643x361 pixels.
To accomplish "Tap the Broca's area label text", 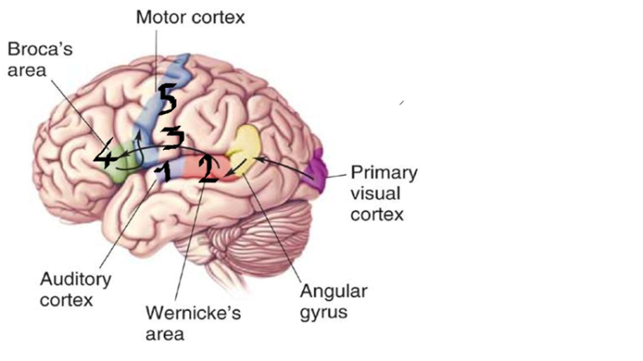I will coord(38,59).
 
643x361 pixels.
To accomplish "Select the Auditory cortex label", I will coord(75,287).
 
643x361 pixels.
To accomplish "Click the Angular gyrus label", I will coord(334,303).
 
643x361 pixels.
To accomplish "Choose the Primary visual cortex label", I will coord(383,193).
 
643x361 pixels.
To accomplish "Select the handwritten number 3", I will coord(172,137).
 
